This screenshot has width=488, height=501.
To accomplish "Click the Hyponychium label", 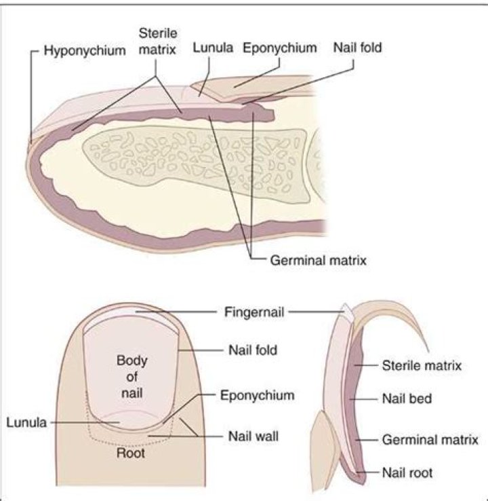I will (85, 50).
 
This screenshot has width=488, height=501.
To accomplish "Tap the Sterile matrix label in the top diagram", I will (157, 40).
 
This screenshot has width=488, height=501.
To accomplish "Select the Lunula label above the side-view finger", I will (212, 48).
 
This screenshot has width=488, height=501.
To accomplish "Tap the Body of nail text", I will (131, 375).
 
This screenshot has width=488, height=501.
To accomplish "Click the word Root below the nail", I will (131, 453).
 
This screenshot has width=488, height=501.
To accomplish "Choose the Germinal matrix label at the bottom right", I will (430, 440).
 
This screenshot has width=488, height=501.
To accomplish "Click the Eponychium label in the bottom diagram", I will (257, 394).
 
